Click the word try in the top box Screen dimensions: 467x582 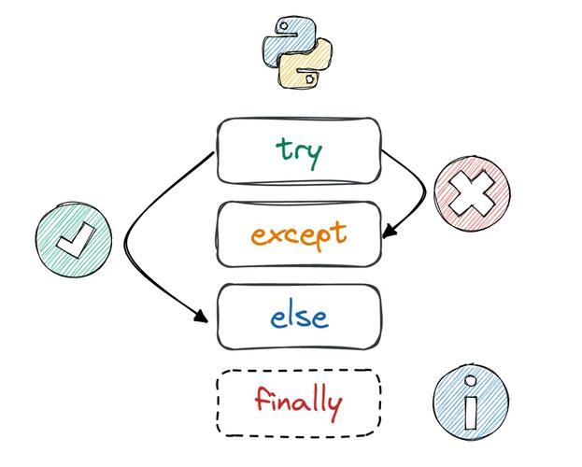(x=299, y=150)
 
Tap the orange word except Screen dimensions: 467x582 (x=299, y=233)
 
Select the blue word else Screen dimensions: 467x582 (x=299, y=317)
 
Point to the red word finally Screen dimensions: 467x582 (x=298, y=403)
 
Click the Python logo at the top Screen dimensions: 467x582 (x=298, y=55)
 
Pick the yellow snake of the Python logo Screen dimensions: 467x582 (x=309, y=67)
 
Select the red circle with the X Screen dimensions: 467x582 (x=473, y=193)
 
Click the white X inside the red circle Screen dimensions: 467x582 (x=473, y=193)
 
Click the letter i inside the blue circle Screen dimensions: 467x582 (x=471, y=404)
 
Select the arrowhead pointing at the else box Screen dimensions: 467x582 (x=201, y=318)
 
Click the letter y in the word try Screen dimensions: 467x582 (x=314, y=154)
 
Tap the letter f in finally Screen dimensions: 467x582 (x=262, y=400)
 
